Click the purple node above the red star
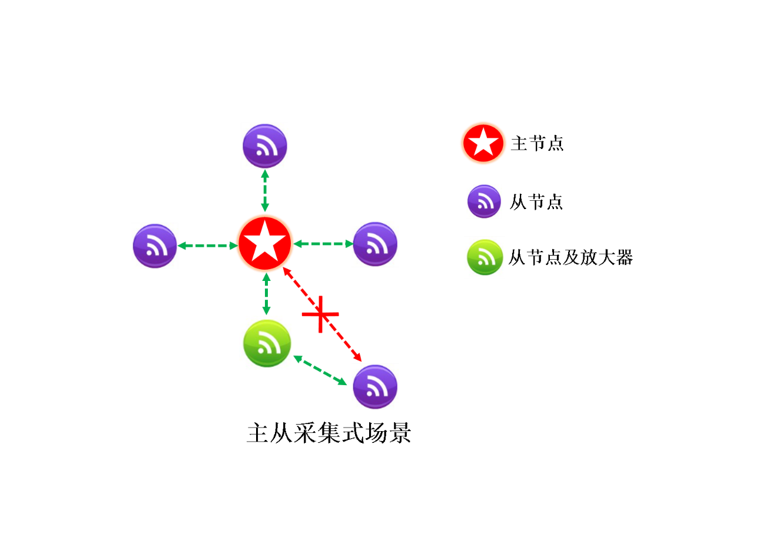pyautogui.click(x=265, y=146)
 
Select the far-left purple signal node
pyautogui.click(x=155, y=246)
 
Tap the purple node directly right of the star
pyautogui.click(x=375, y=244)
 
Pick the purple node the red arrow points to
pyautogui.click(x=375, y=387)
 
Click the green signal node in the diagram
pyautogui.click(x=267, y=343)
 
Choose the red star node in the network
pyautogui.click(x=265, y=244)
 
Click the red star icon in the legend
pyautogui.click(x=483, y=143)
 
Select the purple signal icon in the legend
pyautogui.click(x=484, y=201)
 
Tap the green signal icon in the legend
pyautogui.click(x=485, y=257)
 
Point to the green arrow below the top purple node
pyautogui.click(x=265, y=191)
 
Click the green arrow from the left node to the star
pyautogui.click(x=207, y=246)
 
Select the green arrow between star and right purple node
pyautogui.click(x=323, y=243)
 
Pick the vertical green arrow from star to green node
pyautogui.click(x=266, y=294)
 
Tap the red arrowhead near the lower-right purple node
pyautogui.click(x=358, y=357)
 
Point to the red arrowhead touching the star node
pyautogui.click(x=287, y=271)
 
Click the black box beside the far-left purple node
pyautogui.click(x=197, y=246)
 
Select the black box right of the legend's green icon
pyautogui.click(x=568, y=256)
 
